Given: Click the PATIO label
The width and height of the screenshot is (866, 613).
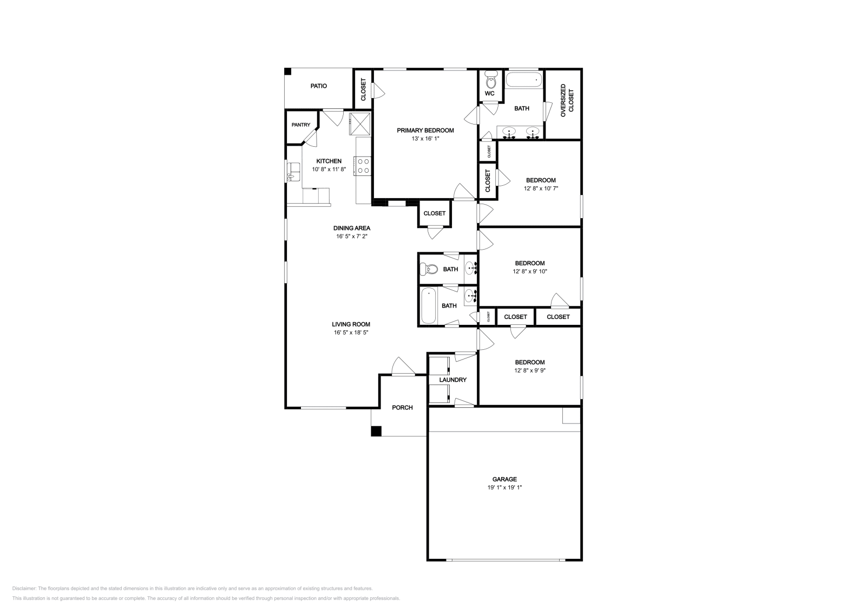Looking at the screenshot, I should (318, 86).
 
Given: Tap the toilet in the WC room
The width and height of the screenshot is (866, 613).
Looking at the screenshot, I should (490, 81).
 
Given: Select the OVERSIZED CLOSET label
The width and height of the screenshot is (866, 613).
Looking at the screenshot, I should (567, 100).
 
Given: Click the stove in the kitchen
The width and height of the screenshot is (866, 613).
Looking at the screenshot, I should (363, 166).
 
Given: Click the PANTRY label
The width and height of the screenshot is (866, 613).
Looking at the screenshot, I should (301, 125).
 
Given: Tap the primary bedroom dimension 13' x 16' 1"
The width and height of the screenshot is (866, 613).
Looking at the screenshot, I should (425, 139).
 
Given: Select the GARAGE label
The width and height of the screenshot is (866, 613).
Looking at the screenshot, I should (504, 479).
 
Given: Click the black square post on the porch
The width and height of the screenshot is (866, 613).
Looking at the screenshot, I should (376, 432).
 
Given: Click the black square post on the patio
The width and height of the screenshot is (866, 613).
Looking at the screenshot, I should (288, 71).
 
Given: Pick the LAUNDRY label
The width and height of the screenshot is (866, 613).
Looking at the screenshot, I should (452, 380).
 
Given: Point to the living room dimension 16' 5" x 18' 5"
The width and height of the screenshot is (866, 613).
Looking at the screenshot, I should (351, 333).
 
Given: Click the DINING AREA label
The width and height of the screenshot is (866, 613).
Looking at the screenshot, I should (351, 228).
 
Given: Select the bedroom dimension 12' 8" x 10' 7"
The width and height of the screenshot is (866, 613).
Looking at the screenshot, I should (540, 189).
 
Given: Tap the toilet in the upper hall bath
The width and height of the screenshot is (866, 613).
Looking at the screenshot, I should (431, 269).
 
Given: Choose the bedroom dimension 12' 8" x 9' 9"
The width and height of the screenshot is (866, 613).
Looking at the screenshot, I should (529, 371).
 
